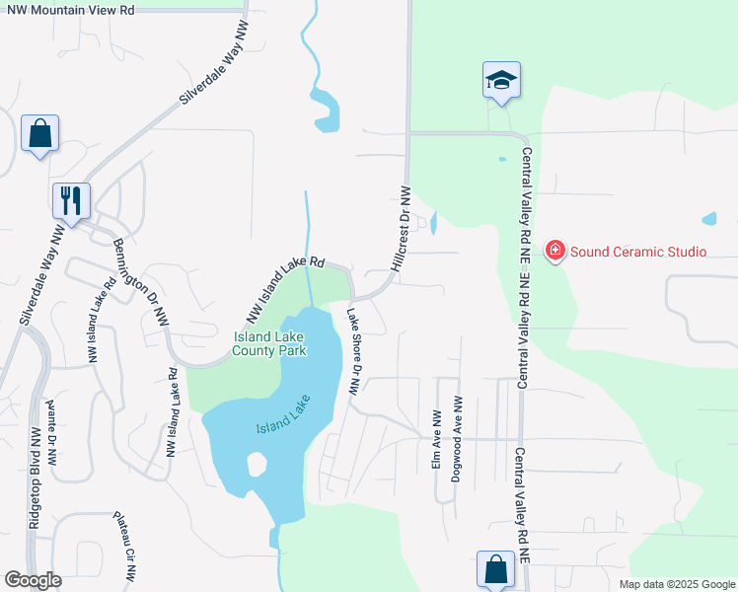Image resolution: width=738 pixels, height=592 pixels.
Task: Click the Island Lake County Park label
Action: [x=270, y=343]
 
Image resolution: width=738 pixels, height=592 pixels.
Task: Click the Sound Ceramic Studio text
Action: [x=637, y=252]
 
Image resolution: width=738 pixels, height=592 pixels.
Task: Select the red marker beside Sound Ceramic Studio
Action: [x=555, y=252]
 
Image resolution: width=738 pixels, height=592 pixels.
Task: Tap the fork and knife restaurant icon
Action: [x=71, y=200]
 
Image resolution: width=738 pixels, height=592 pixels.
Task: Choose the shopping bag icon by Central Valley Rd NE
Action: [x=495, y=569]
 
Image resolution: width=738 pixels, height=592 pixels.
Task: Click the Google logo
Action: [x=33, y=580]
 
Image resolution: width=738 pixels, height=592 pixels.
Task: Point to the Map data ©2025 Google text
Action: [x=677, y=584]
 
